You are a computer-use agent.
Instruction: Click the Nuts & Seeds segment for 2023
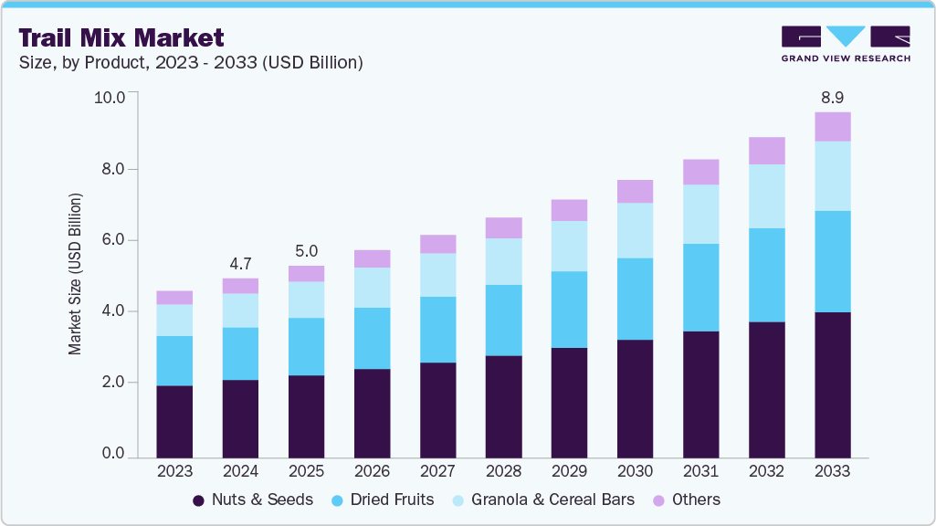click(x=174, y=421)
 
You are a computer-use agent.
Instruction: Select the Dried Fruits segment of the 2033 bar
click(x=832, y=261)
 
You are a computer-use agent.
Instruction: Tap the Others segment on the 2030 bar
click(x=635, y=191)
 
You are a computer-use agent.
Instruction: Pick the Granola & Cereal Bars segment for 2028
click(x=503, y=261)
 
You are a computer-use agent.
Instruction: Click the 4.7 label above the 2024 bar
click(x=240, y=263)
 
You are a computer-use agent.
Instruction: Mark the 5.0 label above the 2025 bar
click(x=306, y=250)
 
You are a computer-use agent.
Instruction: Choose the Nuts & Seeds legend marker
click(x=198, y=500)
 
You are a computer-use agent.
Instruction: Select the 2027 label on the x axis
click(x=437, y=471)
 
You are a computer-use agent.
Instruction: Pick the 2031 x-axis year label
click(x=700, y=471)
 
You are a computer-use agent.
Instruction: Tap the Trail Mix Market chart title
click(x=121, y=37)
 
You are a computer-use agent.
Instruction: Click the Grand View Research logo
click(x=845, y=43)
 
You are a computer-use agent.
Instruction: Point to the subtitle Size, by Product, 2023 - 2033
click(x=191, y=63)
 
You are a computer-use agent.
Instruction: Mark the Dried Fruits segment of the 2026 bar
click(x=372, y=338)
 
